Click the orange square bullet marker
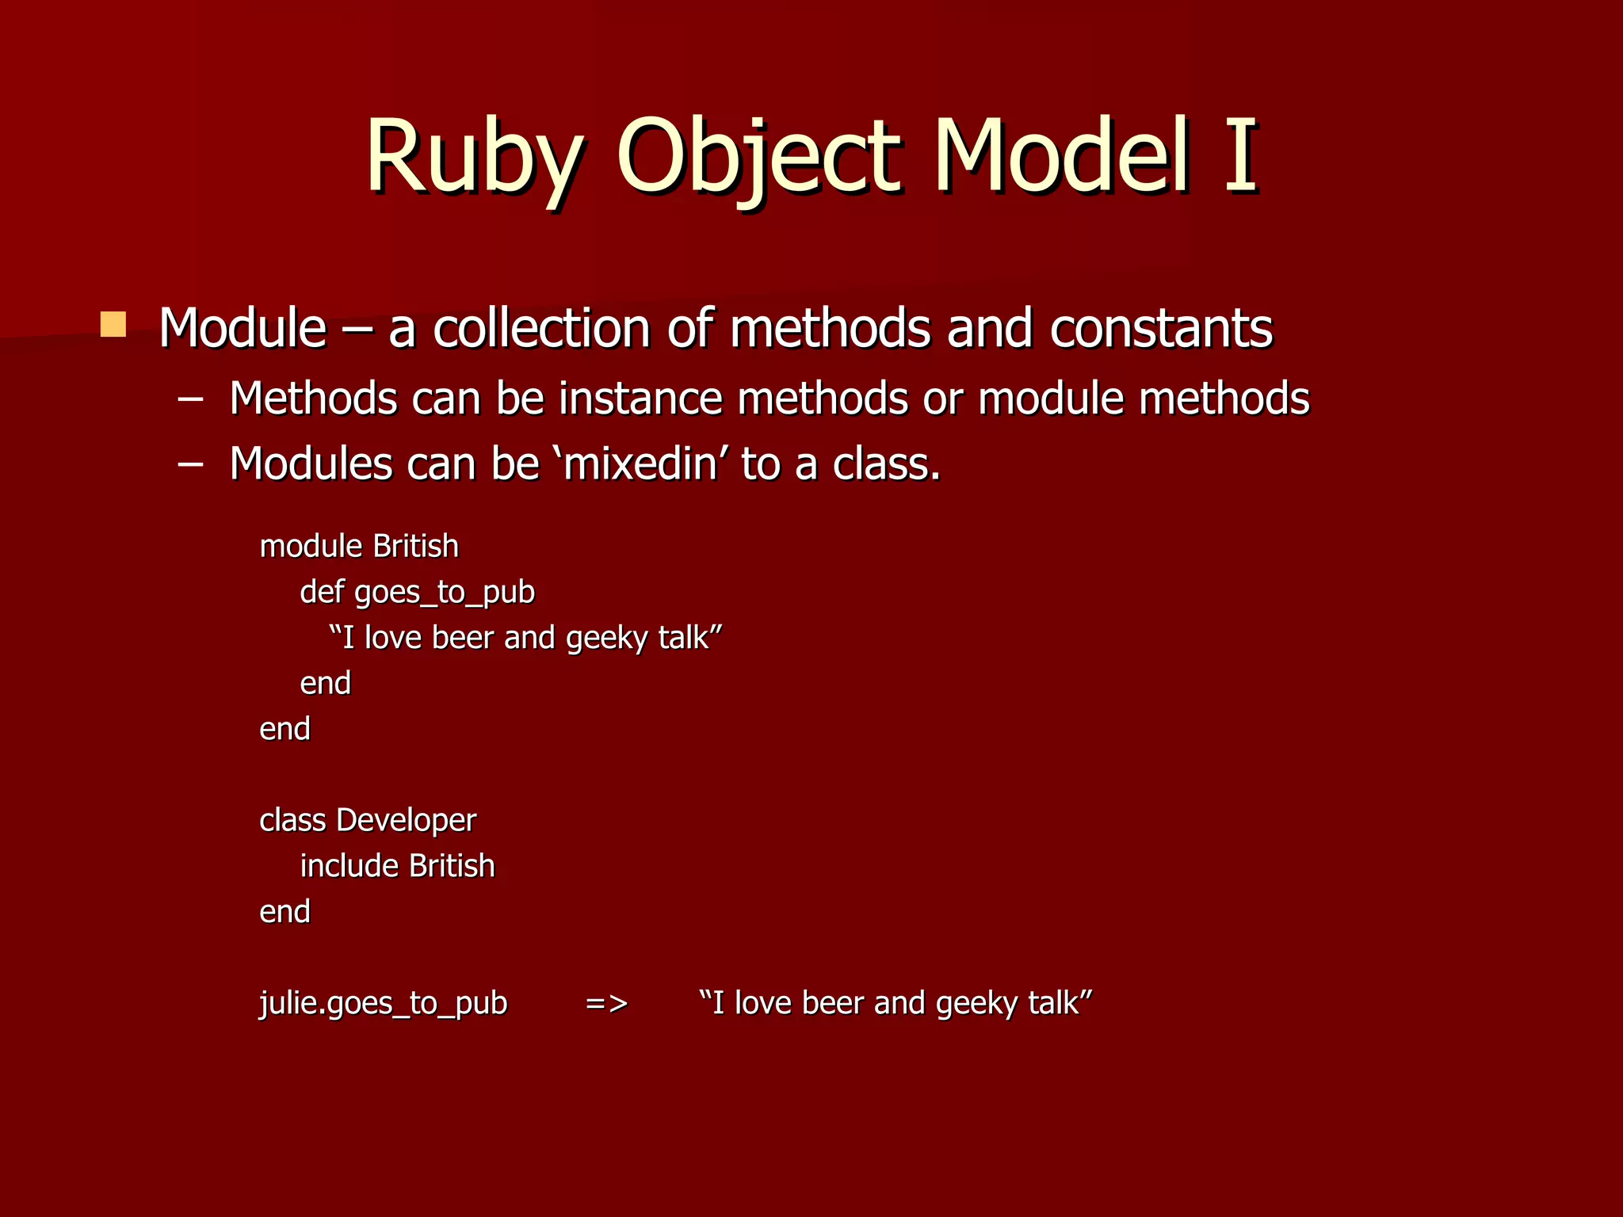coord(113,325)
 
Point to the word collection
coord(541,328)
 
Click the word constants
coord(1161,328)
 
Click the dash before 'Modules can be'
coord(190,464)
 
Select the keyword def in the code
coord(321,593)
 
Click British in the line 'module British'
coord(415,547)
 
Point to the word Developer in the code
coord(406,821)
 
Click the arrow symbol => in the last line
coord(606,1004)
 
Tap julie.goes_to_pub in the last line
coord(383,1004)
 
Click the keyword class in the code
coord(292,821)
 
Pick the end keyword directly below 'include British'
coord(285,912)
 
